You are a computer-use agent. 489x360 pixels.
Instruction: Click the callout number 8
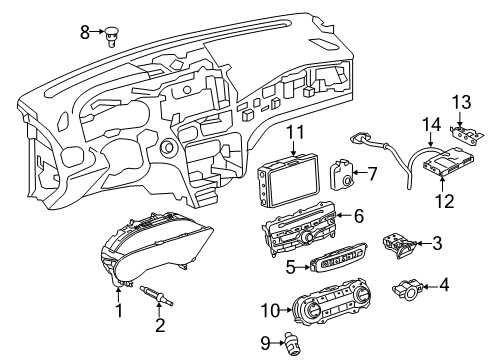tap(85, 33)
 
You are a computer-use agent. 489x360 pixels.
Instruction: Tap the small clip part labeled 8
tap(113, 37)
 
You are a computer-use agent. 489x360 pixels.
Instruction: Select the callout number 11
tap(295, 132)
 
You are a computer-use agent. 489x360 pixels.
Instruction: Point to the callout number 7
tap(371, 174)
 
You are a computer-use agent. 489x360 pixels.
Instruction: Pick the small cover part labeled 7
tap(342, 174)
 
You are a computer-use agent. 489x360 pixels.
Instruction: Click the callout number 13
tap(462, 102)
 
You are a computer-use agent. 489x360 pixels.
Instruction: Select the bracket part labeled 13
tap(466, 134)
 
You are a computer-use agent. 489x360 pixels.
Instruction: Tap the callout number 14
tap(431, 125)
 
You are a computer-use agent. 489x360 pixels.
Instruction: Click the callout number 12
tap(445, 201)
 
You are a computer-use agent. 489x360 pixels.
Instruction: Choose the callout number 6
tap(359, 216)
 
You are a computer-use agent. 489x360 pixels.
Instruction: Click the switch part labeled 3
tap(399, 246)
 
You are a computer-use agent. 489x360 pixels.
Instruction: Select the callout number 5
tap(291, 267)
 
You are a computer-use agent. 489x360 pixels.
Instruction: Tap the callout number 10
tap(270, 311)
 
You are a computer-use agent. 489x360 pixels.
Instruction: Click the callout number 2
tap(160, 325)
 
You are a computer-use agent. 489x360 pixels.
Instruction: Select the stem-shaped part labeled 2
tap(157, 295)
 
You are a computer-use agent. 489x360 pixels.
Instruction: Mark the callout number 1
tap(119, 310)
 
